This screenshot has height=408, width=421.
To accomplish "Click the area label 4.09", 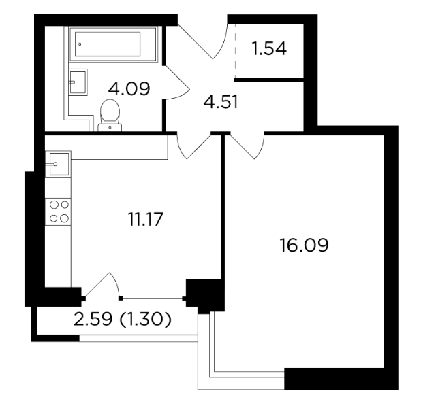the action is click(129, 88).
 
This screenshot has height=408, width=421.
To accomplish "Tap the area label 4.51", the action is click(221, 102).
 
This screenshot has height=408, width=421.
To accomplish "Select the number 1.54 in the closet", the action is click(269, 49).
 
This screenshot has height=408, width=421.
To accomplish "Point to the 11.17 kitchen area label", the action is click(146, 219).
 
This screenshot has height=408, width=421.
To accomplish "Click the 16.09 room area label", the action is click(304, 245).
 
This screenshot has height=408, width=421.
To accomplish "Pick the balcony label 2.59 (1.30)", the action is click(122, 320).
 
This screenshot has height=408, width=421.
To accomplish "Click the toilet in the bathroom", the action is click(110, 115).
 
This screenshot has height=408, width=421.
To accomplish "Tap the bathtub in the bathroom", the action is click(113, 44).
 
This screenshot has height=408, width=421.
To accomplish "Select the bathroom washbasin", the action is click(78, 82).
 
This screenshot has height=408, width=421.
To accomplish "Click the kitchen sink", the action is click(59, 164).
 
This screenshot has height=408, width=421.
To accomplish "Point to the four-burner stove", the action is click(58, 211).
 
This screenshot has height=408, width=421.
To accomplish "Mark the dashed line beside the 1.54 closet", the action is click(236, 51).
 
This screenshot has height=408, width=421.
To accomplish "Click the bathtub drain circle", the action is click(80, 44).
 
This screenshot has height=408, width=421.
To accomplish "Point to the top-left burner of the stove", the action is click(54, 205).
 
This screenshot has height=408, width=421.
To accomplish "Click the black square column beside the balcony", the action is click(205, 296).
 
